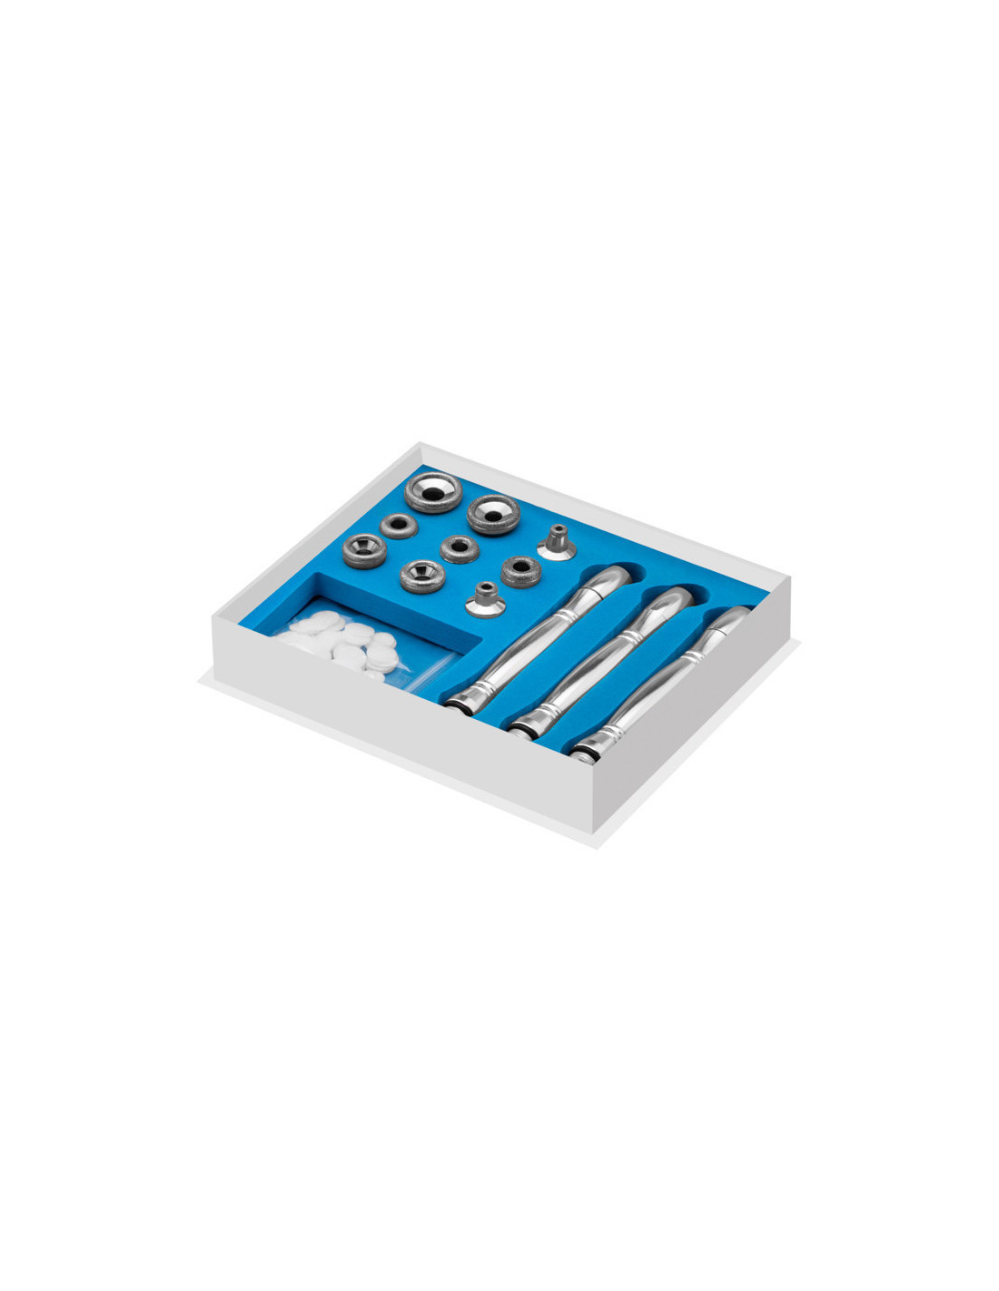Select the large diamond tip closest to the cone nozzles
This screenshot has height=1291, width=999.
pyautogui.click(x=492, y=514)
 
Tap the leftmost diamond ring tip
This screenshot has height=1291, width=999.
pyautogui.click(x=361, y=547)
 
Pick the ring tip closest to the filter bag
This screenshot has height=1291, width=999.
pyautogui.click(x=420, y=576)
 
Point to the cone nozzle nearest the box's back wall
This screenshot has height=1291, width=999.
pyautogui.click(x=556, y=541)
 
